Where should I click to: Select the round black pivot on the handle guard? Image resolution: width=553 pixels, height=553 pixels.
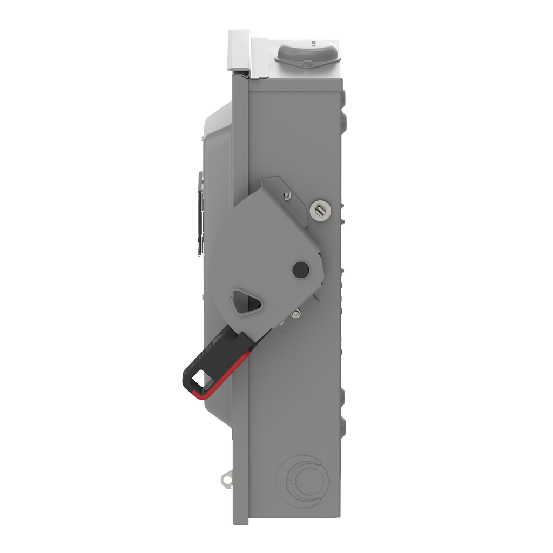[300, 269]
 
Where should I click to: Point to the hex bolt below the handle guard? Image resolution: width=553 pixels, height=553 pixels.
[295, 314]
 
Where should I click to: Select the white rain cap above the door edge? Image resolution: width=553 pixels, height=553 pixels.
[239, 50]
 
